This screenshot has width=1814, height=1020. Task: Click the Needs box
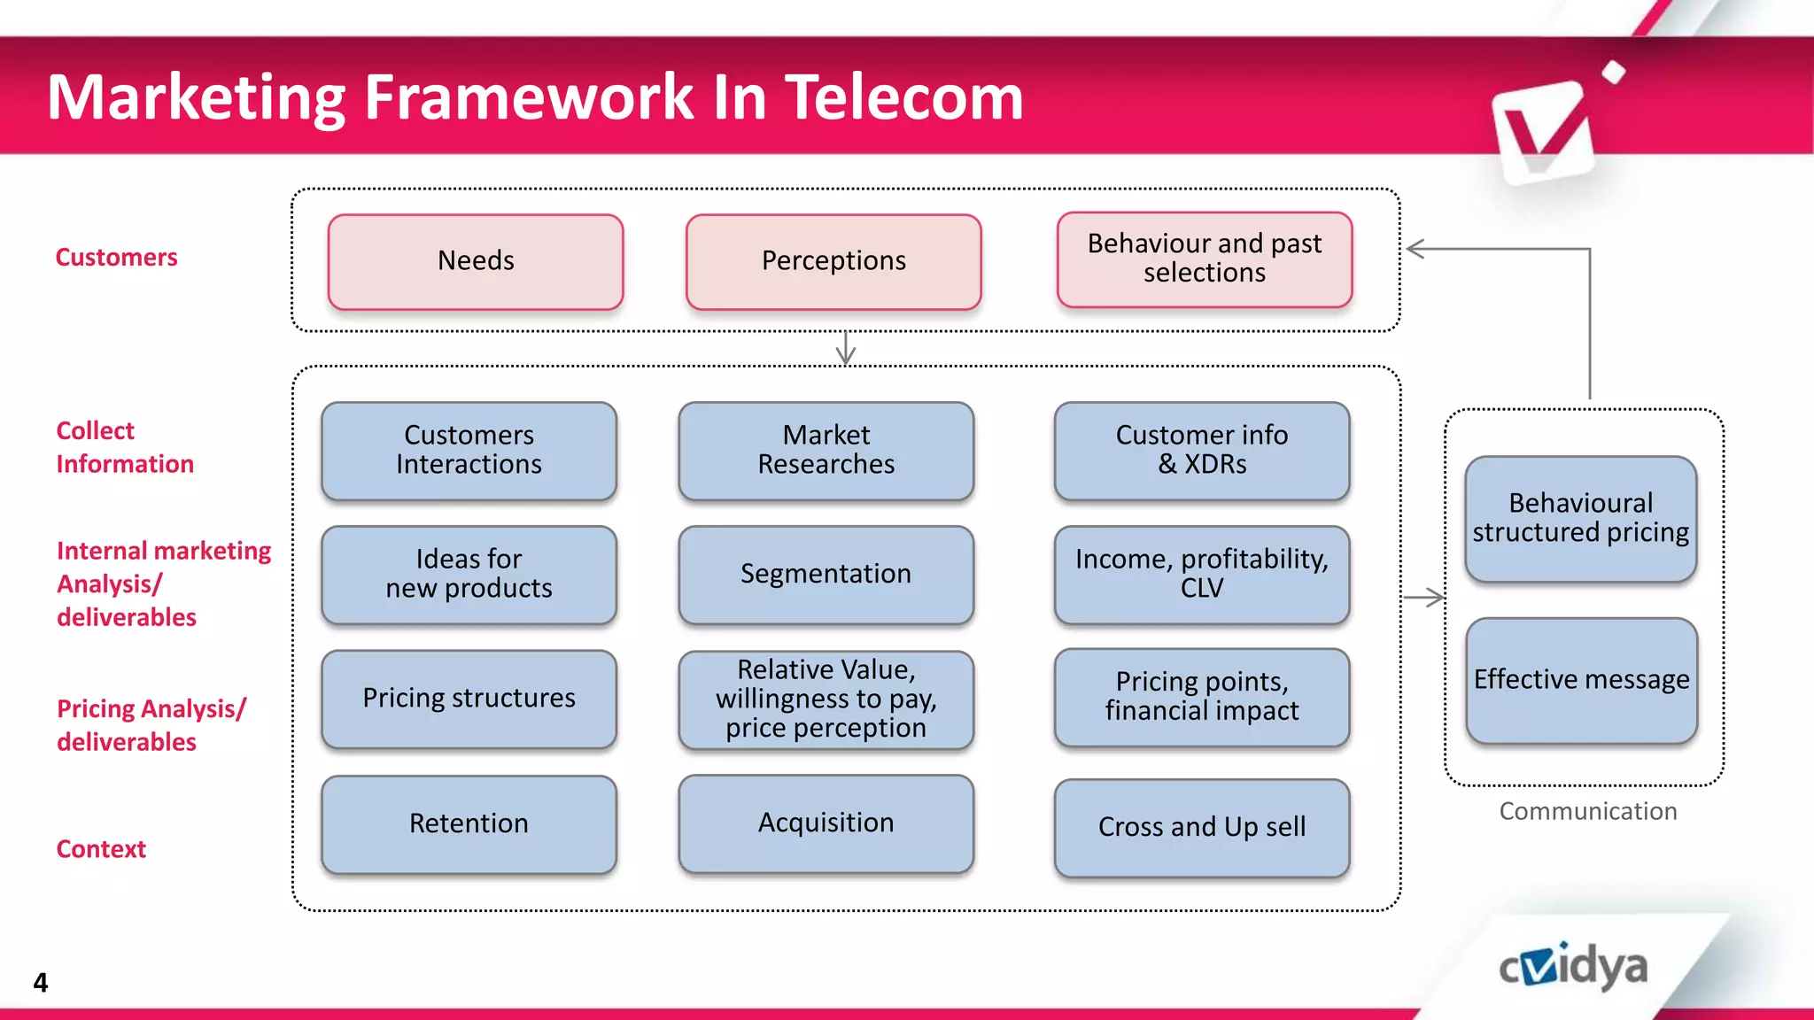(476, 261)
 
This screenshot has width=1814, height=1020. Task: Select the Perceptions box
(833, 261)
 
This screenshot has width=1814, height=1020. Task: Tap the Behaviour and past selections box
(1204, 259)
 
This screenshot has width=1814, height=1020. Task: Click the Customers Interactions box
(469, 450)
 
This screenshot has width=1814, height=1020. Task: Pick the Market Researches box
(826, 450)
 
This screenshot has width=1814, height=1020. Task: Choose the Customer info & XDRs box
(1201, 450)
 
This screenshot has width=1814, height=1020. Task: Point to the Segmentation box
(826, 574)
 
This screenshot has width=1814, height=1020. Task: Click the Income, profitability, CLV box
(1201, 574)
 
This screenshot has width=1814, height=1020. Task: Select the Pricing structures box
(469, 699)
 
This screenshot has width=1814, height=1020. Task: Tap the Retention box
(469, 823)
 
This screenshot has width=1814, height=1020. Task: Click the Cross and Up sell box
(1201, 827)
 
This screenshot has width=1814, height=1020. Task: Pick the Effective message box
(1581, 680)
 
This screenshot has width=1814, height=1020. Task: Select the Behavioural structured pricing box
(1580, 518)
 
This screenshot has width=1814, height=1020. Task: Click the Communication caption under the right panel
(1587, 811)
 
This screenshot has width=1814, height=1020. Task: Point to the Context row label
(101, 849)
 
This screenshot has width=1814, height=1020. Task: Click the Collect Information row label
(124, 447)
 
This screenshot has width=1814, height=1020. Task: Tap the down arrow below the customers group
(846, 350)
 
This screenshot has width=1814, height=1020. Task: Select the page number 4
(41, 982)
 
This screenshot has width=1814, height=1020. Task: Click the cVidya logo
(1573, 967)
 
